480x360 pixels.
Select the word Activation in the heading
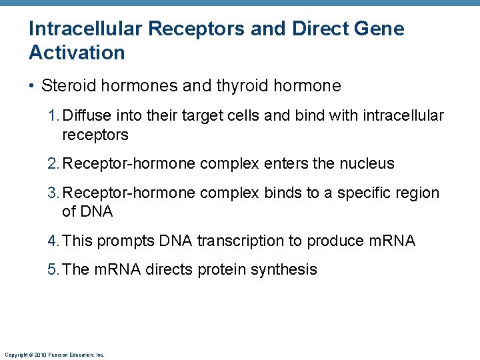[x=77, y=53]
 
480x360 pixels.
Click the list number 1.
[x=53, y=116]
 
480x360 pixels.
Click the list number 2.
[x=53, y=163]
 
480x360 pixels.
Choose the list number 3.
[x=53, y=193]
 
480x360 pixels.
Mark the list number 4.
[x=53, y=241]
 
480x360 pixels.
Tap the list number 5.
[x=53, y=270]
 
